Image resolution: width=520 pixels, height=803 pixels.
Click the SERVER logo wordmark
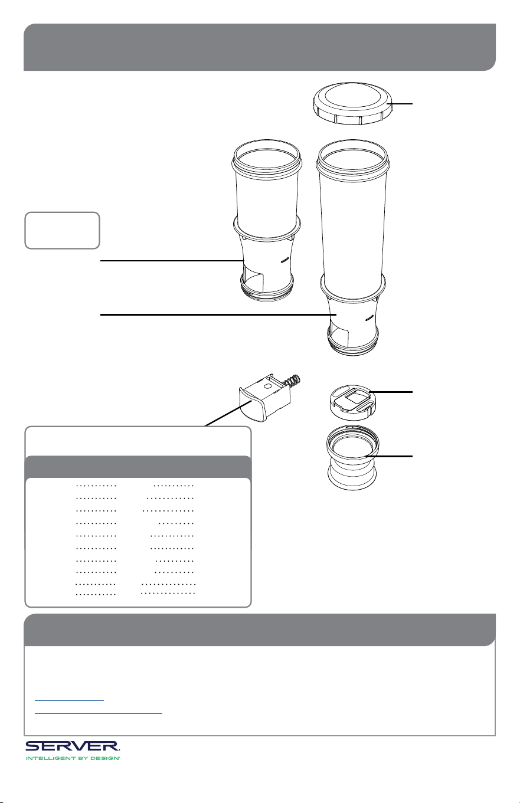click(x=73, y=746)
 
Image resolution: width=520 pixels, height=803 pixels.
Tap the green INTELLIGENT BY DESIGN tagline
click(x=73, y=759)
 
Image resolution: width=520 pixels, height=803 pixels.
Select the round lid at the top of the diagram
click(x=353, y=103)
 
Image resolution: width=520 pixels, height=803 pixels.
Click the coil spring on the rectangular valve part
click(x=293, y=382)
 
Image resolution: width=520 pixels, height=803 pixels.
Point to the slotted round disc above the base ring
click(x=349, y=401)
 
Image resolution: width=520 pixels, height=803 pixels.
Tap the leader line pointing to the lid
click(x=401, y=104)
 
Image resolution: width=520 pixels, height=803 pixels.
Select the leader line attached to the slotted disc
click(x=391, y=392)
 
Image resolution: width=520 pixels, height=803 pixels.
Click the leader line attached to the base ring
click(x=389, y=456)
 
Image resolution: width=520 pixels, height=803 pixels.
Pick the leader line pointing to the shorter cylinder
click(x=172, y=261)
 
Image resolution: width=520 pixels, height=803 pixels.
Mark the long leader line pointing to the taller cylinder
click(x=218, y=314)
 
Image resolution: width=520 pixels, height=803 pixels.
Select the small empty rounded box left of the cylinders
click(x=62, y=230)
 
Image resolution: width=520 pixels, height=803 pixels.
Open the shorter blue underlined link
click(x=69, y=699)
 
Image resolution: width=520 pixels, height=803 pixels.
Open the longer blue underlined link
click(x=98, y=713)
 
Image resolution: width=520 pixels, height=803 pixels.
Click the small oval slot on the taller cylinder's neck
click(x=369, y=317)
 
